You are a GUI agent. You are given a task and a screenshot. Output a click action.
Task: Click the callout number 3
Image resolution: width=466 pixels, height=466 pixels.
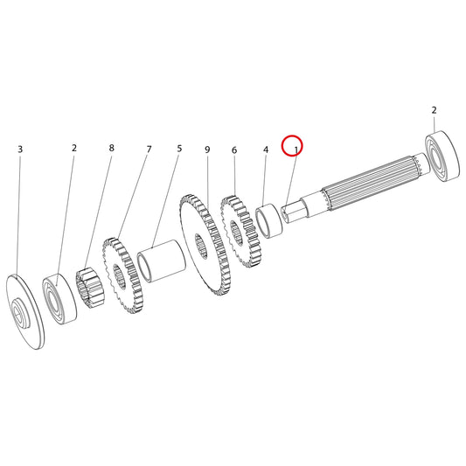point(20,150)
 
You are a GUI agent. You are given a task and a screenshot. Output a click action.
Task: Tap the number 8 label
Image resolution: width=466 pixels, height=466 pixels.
point(111,148)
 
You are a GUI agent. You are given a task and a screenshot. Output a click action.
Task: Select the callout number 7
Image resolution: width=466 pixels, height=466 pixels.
point(150,149)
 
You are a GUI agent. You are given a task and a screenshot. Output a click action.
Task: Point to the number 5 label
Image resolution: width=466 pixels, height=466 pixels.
point(179,149)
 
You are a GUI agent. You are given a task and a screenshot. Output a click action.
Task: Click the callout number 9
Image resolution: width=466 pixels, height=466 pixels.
point(207,150)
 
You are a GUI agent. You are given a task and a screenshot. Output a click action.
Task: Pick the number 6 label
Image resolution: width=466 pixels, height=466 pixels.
point(234,150)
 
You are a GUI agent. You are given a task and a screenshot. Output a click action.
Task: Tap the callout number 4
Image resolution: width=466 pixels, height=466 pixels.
point(266,150)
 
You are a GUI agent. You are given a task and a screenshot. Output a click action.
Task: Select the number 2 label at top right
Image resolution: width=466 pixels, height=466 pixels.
point(435,110)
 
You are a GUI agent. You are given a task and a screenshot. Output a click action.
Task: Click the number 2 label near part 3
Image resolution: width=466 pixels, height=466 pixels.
point(74,148)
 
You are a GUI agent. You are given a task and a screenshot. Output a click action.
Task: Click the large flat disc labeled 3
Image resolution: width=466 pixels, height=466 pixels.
point(25,311)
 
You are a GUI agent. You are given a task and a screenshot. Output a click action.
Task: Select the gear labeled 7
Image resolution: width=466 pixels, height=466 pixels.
point(122,275)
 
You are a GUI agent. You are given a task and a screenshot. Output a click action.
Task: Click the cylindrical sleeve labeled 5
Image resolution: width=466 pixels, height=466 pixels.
point(162,261)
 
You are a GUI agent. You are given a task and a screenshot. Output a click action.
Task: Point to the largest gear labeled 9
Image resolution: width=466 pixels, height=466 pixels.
point(205,245)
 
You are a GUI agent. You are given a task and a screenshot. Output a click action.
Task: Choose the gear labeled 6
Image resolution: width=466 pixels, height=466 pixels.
point(240,232)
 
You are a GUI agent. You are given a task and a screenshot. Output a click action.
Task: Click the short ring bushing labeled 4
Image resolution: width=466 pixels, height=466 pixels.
point(269,220)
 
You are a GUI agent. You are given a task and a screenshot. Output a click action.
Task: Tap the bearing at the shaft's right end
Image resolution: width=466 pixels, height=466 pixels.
point(442,156)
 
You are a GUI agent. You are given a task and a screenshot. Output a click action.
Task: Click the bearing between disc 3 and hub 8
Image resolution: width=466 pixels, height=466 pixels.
point(59,300)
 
